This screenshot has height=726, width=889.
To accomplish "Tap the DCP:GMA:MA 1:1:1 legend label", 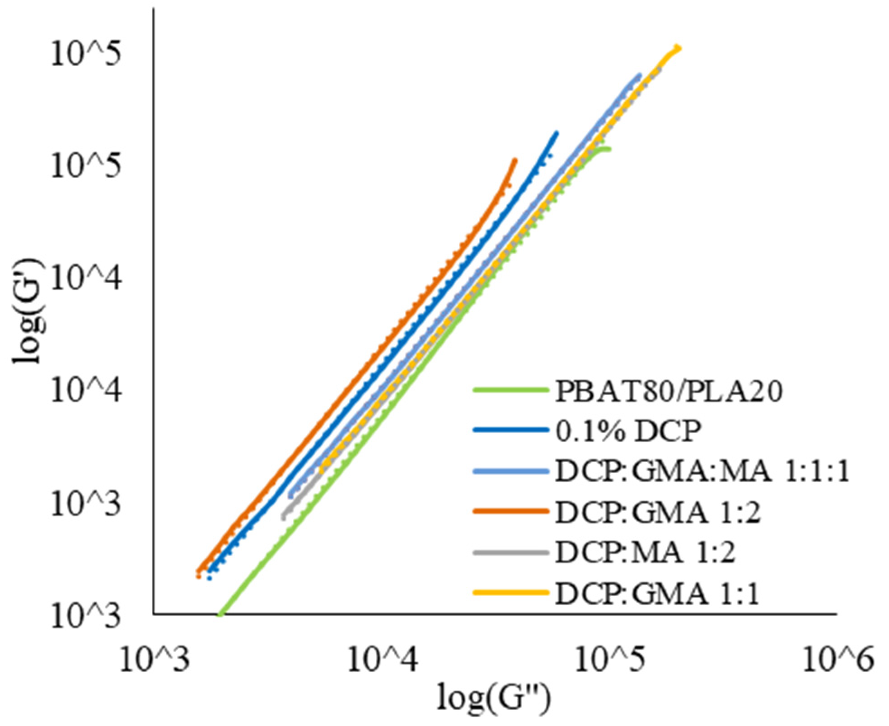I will pos(702,471).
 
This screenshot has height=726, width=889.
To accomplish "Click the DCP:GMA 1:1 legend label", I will pos(658,594).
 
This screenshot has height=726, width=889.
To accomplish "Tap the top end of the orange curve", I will pos(515,160).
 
